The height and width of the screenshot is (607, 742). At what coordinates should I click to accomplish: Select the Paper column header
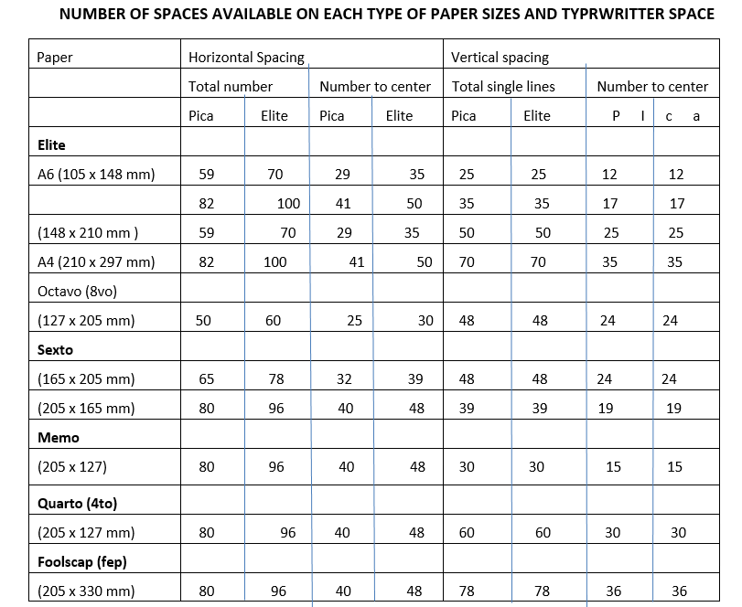click(x=55, y=58)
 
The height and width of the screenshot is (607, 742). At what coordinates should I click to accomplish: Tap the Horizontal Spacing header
click(x=246, y=58)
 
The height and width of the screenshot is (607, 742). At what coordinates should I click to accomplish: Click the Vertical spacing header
click(x=500, y=58)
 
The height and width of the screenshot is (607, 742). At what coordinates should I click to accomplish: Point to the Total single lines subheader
click(x=503, y=87)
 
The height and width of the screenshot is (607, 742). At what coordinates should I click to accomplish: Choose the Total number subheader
click(x=231, y=87)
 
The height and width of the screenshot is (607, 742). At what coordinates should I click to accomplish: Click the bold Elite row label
click(x=51, y=144)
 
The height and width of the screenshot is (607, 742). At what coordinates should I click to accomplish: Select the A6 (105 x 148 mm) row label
click(x=96, y=175)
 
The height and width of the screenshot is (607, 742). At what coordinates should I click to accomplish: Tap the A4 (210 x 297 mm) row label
click(x=96, y=262)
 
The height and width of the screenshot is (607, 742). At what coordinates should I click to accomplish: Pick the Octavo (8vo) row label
click(x=78, y=292)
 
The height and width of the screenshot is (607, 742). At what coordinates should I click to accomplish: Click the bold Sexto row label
click(x=55, y=350)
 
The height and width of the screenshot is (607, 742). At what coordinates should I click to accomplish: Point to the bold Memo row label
click(x=58, y=438)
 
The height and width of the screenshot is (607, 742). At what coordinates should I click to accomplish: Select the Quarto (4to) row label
click(x=77, y=504)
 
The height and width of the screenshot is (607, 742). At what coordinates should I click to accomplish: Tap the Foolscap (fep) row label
click(x=81, y=562)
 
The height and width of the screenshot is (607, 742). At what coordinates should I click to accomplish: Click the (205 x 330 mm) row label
click(x=86, y=591)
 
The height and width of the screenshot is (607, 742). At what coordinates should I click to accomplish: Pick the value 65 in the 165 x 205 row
click(x=207, y=379)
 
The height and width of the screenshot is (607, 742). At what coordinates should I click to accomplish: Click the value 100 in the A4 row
click(x=274, y=262)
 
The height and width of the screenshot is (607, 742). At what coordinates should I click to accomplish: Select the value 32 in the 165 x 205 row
click(x=344, y=379)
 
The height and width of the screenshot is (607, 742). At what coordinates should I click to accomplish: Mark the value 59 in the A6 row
click(x=207, y=175)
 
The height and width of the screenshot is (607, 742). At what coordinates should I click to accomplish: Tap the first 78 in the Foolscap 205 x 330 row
click(x=467, y=591)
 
